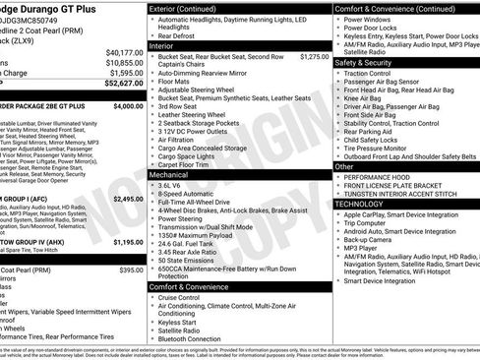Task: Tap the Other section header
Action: (x=344, y=166)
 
